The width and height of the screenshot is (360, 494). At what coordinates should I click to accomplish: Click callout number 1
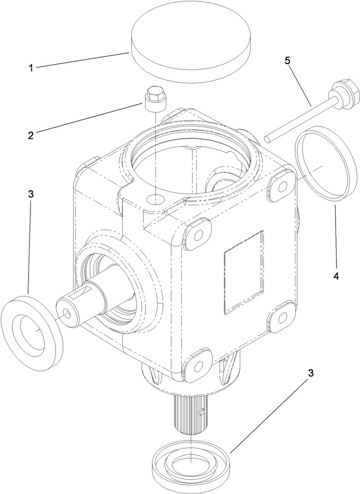(x=30, y=68)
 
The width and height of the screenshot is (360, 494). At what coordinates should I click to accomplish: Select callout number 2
(x=30, y=135)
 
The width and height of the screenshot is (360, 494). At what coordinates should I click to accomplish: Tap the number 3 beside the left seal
(x=30, y=194)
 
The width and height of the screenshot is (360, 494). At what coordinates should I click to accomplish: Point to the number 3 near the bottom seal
(x=311, y=373)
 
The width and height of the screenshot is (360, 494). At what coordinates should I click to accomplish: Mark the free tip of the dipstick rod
(x=266, y=138)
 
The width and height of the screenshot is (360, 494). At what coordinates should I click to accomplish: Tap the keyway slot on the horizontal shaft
(x=84, y=293)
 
